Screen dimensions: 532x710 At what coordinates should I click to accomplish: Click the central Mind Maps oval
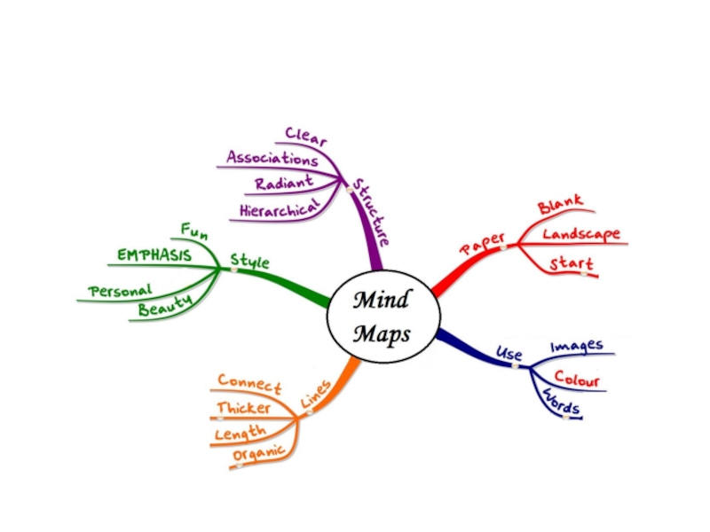pyautogui.click(x=382, y=317)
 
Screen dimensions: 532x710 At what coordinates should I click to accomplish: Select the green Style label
pyautogui.click(x=249, y=261)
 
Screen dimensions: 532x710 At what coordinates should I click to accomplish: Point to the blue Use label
pyautogui.click(x=509, y=354)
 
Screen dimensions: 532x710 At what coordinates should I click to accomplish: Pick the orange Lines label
pyautogui.click(x=315, y=395)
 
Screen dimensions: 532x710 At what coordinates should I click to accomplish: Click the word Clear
pyautogui.click(x=306, y=137)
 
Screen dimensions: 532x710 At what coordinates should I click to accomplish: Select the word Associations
pyautogui.click(x=272, y=160)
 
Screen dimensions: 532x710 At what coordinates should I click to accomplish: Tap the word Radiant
pyautogui.click(x=283, y=184)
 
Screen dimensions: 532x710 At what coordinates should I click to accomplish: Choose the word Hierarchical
pyautogui.click(x=279, y=209)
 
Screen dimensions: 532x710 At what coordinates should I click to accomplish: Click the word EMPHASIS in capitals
pyautogui.click(x=154, y=255)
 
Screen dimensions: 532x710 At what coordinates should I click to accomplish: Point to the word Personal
pyautogui.click(x=121, y=290)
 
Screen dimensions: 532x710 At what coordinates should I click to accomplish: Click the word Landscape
pyautogui.click(x=581, y=235)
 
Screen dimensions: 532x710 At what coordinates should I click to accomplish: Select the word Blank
pyautogui.click(x=561, y=206)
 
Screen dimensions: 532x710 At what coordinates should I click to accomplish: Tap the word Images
pyautogui.click(x=577, y=346)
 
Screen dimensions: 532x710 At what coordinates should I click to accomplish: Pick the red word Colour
pyautogui.click(x=577, y=380)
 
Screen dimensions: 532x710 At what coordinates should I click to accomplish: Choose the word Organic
pyautogui.click(x=258, y=455)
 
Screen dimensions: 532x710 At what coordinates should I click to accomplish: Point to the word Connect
pyautogui.click(x=249, y=383)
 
